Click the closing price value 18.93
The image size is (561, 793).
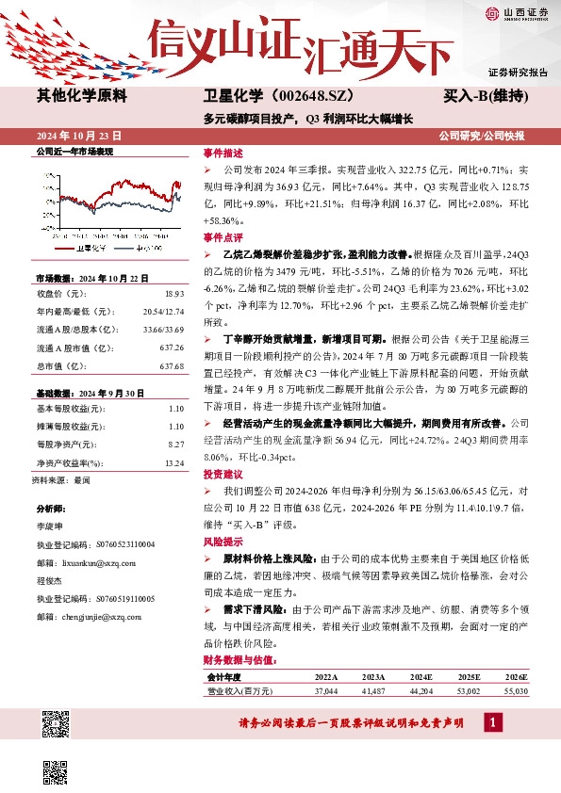[x=173, y=294]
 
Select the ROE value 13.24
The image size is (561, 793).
[x=173, y=462]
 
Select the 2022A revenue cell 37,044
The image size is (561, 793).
[x=325, y=690]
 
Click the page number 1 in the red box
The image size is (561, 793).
[x=491, y=721]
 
